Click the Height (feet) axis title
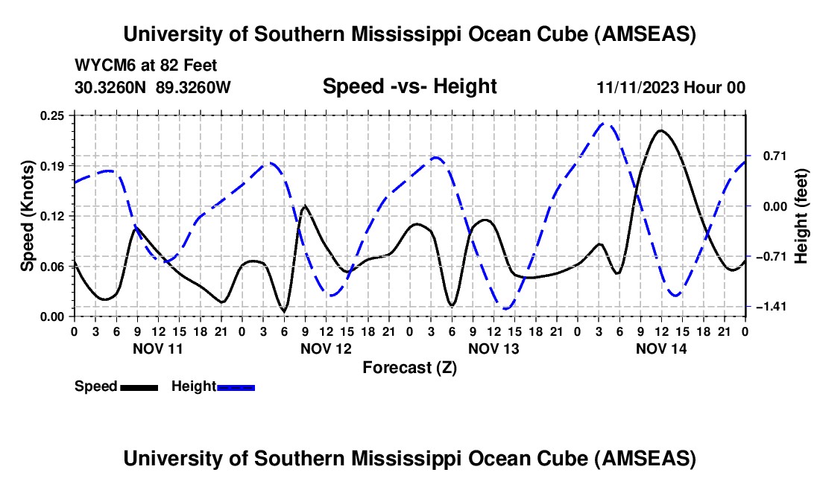pyautogui.click(x=801, y=216)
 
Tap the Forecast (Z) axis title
pyautogui.click(x=409, y=367)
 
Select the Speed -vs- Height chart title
pyautogui.click(x=409, y=87)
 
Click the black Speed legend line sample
pyautogui.click(x=139, y=386)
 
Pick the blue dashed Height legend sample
pyautogui.click(x=236, y=386)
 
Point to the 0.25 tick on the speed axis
pyautogui.click(x=54, y=115)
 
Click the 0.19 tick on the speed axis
pyautogui.click(x=54, y=165)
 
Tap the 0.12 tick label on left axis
pyautogui.click(x=54, y=216)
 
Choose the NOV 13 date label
pyautogui.click(x=493, y=348)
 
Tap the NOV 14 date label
pyautogui.click(x=660, y=348)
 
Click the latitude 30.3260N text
pyautogui.click(x=112, y=87)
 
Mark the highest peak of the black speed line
pyautogui.click(x=660, y=130)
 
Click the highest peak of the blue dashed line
pyautogui.click(x=606, y=123)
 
